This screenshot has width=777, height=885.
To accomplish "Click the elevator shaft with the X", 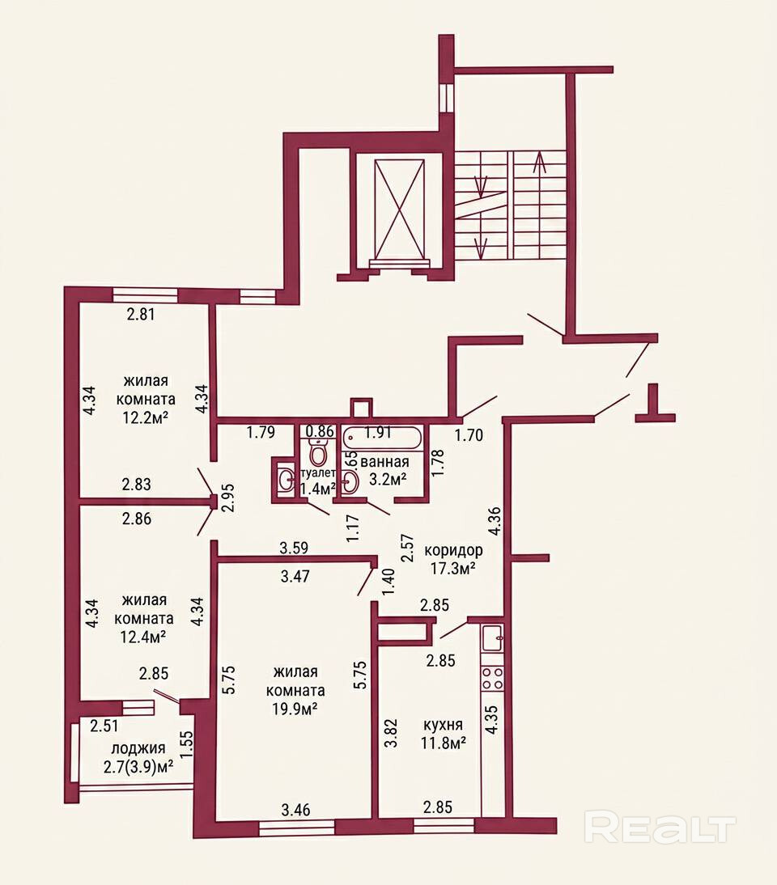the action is (x=399, y=213).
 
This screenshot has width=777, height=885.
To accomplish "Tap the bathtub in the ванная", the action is (x=382, y=438).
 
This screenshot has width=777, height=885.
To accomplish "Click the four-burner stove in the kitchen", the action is (x=492, y=677).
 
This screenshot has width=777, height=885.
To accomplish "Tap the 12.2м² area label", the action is (x=146, y=417).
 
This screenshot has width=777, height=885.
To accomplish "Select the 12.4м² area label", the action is (x=143, y=636).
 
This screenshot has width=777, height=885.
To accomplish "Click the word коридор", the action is (x=453, y=550).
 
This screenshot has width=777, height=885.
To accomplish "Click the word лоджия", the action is (x=138, y=748).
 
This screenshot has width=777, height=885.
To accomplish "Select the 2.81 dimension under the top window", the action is (x=140, y=314).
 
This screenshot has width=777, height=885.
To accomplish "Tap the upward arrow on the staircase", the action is (x=540, y=163).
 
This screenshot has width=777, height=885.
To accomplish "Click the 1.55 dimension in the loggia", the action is (x=187, y=746).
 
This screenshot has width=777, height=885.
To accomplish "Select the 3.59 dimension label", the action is (x=294, y=547).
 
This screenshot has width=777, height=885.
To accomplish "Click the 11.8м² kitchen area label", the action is (x=443, y=743).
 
